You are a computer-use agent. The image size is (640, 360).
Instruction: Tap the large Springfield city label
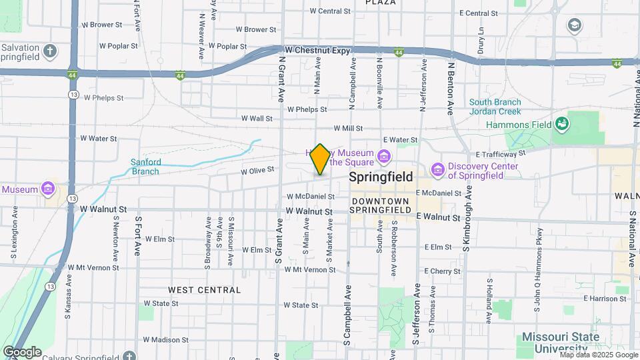click(x=381, y=177)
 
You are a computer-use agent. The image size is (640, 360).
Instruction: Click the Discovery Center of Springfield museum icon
click(x=437, y=171)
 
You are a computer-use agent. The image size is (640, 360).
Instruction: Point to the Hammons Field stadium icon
click(x=562, y=124)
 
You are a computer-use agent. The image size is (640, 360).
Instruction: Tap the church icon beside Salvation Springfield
click(x=50, y=51)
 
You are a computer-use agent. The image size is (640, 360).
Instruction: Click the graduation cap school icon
click(x=573, y=25)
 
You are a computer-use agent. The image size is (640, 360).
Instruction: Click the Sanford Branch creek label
click(x=145, y=167)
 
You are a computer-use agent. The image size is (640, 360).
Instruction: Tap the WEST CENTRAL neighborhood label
click(x=204, y=290)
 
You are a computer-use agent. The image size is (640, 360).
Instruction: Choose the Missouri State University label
click(x=560, y=342)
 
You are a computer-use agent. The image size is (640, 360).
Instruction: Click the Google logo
click(x=22, y=352)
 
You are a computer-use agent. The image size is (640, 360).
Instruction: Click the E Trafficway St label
click(x=501, y=153)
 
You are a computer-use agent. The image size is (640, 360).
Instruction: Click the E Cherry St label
click(x=442, y=271)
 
